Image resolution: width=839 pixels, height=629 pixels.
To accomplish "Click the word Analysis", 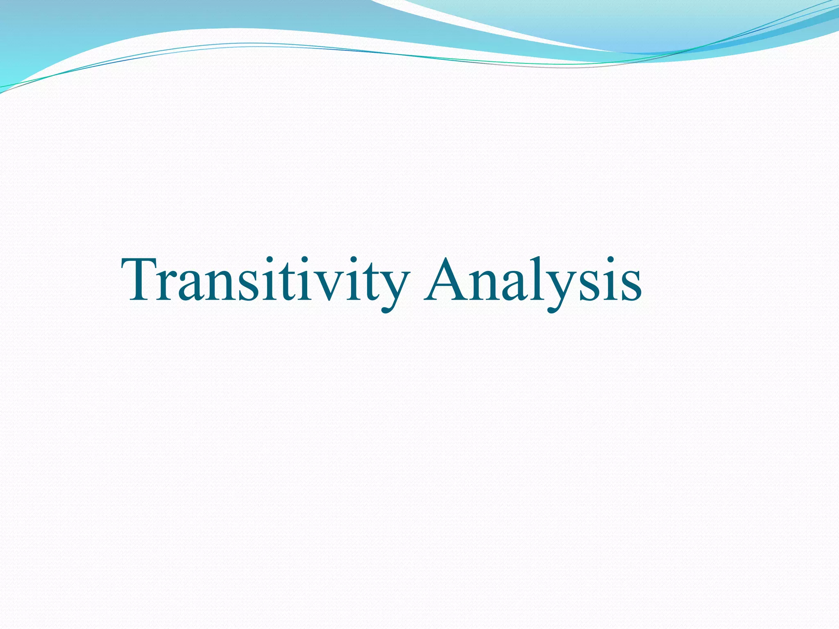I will point(533,281).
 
